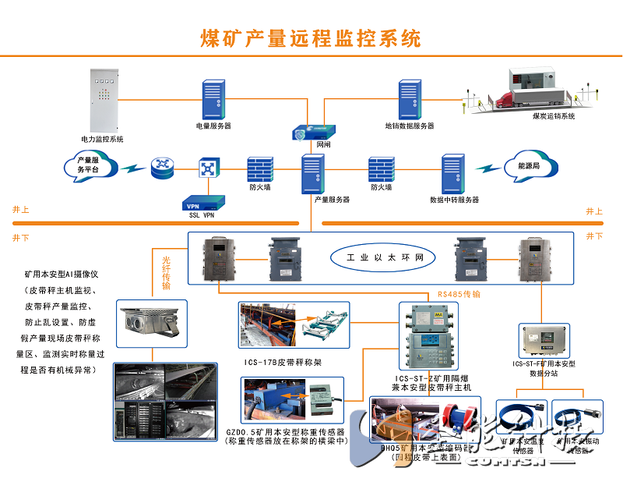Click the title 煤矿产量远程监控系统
tap(311, 37)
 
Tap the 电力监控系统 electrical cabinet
tap(102, 101)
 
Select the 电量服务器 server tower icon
tap(213, 100)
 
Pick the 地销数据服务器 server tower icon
tap(410, 100)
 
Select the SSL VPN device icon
tap(202, 203)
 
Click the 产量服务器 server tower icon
tap(313, 174)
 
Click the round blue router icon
tap(163, 167)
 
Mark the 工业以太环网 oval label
tap(378, 257)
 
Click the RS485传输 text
tap(459, 295)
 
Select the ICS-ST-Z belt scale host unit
tap(428, 336)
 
